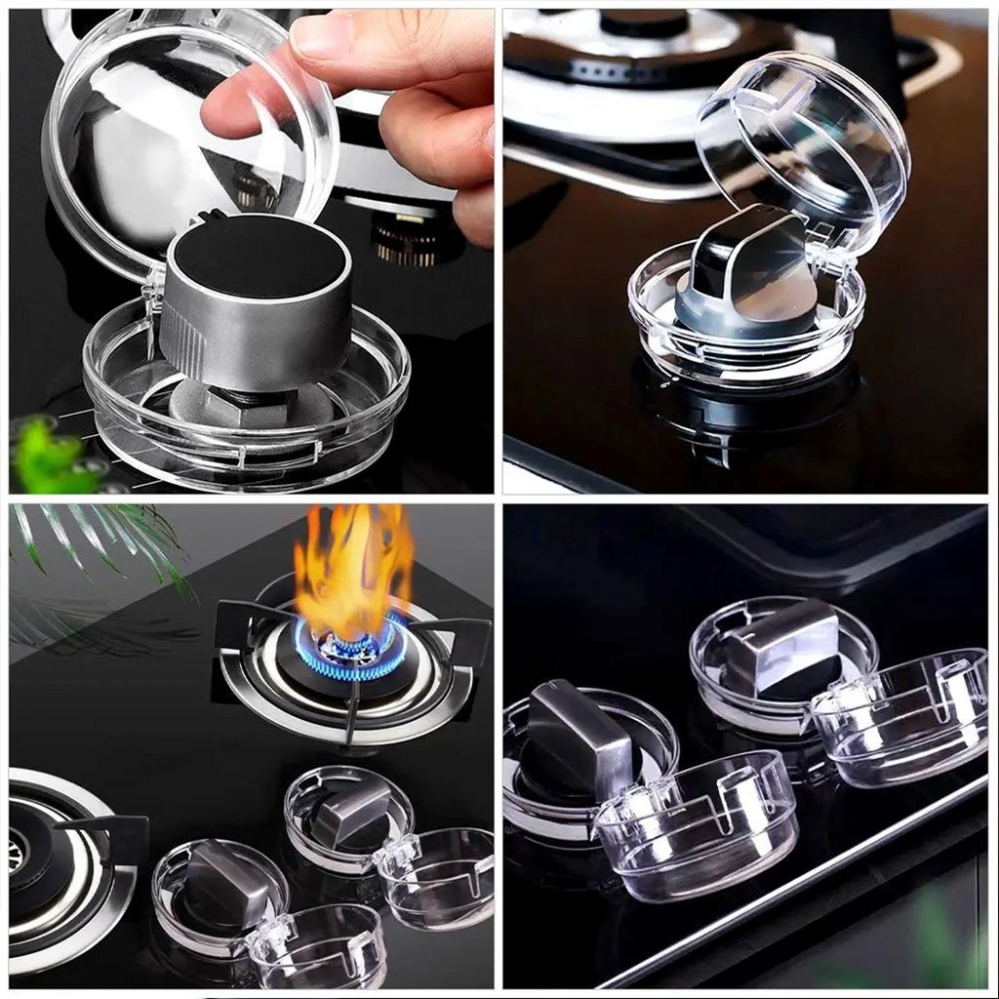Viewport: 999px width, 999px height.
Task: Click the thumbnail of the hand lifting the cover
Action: click(251, 251)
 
